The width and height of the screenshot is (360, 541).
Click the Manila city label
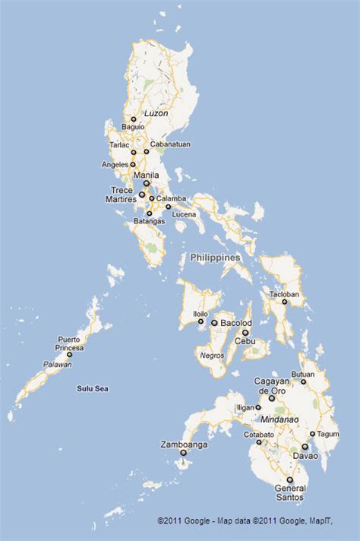[146, 175]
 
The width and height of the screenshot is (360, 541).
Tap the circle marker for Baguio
[134, 119]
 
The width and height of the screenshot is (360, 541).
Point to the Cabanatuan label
[170, 144]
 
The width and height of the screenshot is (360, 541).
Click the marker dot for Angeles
[133, 164]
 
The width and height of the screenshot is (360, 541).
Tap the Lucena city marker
[169, 207]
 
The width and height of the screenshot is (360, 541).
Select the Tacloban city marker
[285, 302]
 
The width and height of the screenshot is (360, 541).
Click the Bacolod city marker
[214, 323]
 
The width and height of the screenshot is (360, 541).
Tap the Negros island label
[211, 355]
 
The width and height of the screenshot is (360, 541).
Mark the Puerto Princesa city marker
[69, 355]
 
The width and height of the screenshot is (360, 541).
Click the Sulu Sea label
[93, 388]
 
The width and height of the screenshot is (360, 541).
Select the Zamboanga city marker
[183, 453]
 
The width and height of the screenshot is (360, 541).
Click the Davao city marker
[305, 447]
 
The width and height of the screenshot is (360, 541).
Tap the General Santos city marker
[289, 479]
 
